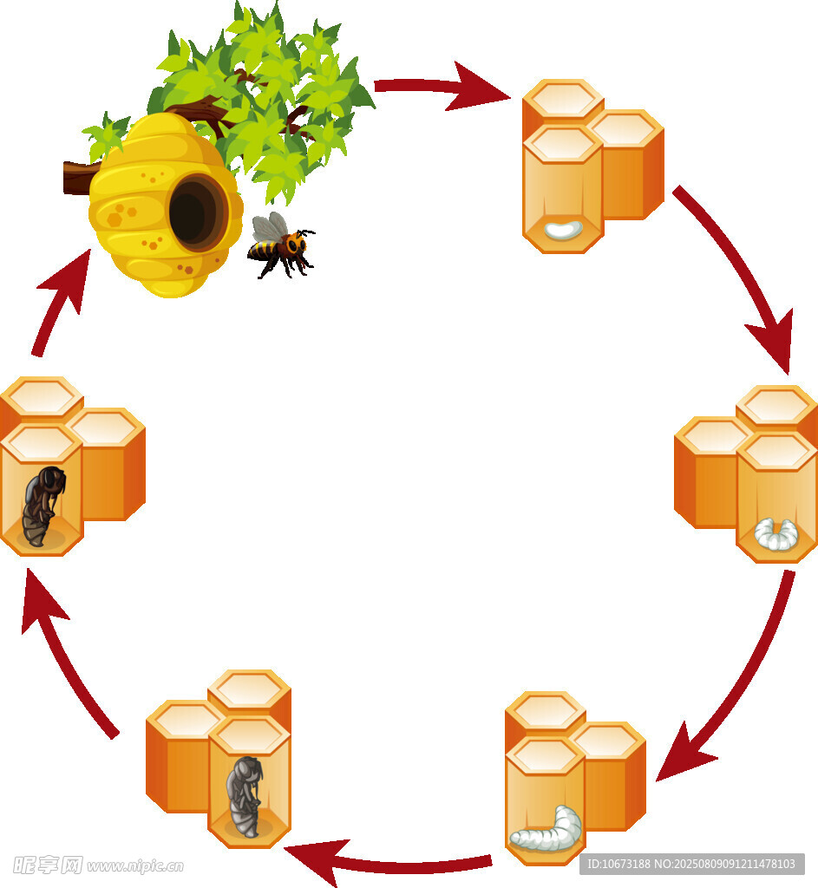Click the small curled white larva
coord(775,533)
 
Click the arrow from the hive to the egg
coord(442,88)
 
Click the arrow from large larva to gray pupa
coord(390,863)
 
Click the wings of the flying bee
coord(270,227)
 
